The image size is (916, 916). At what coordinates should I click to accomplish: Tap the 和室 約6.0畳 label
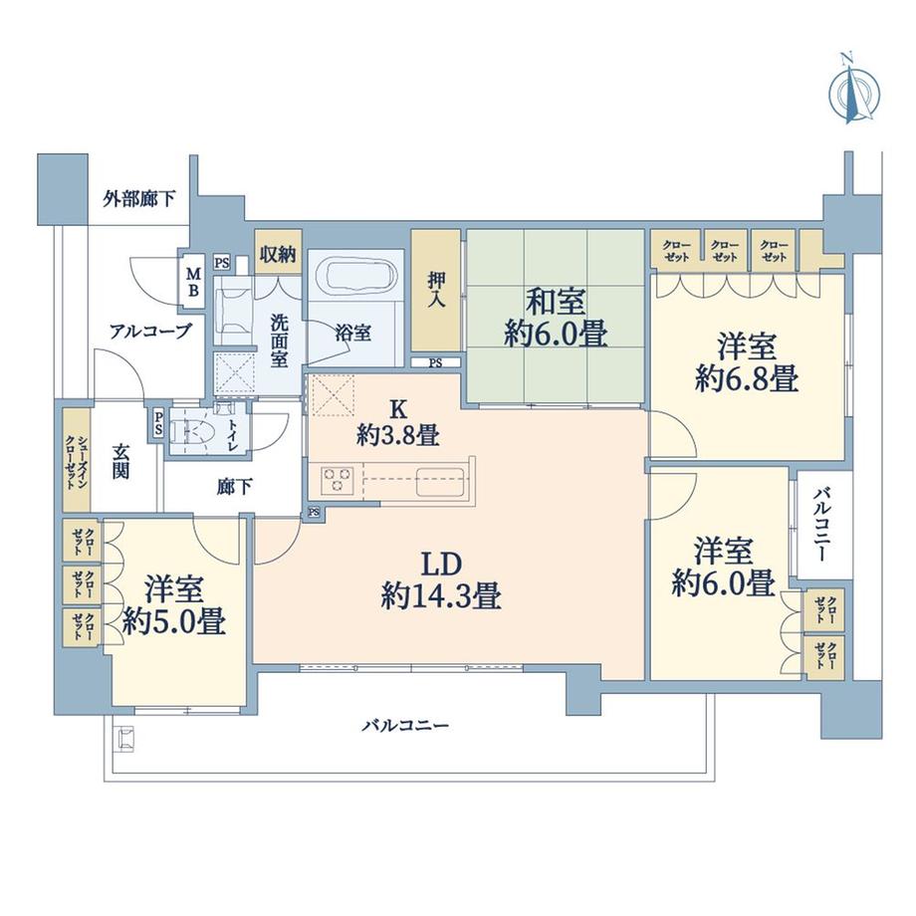click(556, 318)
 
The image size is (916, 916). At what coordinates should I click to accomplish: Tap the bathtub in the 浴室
click(353, 274)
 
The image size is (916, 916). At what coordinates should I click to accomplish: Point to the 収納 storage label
click(278, 254)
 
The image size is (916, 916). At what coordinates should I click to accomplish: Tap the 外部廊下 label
click(139, 198)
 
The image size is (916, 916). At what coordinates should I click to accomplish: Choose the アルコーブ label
click(150, 332)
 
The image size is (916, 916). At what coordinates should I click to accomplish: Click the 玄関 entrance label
click(120, 460)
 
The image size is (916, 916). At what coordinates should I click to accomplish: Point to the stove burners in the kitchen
click(337, 480)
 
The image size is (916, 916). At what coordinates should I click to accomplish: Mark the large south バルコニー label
click(404, 726)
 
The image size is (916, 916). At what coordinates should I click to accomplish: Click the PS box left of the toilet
click(158, 424)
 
